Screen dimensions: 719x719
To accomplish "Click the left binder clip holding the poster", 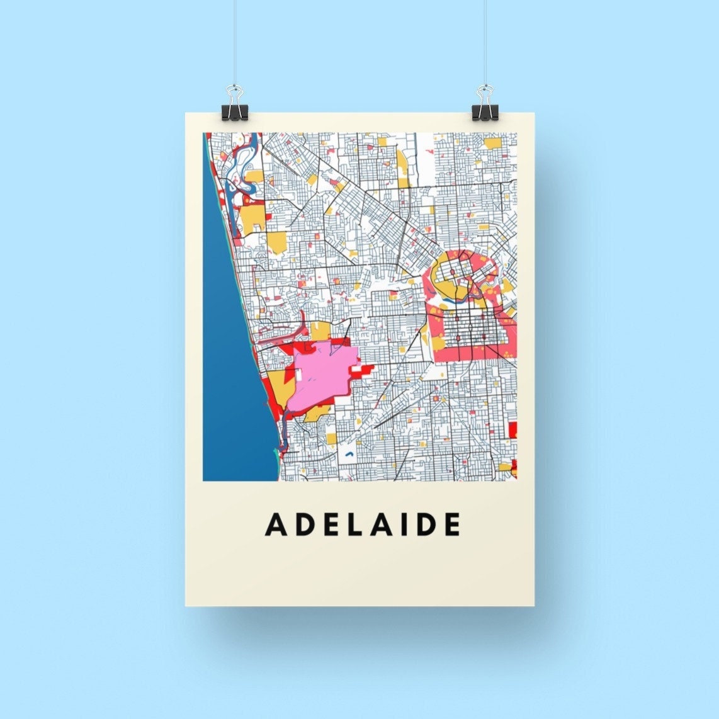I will tap(235, 106).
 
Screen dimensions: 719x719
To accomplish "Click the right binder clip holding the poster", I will tap(485, 106).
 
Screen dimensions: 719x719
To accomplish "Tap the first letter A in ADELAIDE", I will tap(276, 524).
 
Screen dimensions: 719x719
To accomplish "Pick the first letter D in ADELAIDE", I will tap(304, 524).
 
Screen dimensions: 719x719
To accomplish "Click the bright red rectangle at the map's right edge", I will tap(512, 430).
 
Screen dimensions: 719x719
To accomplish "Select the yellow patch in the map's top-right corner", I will tap(493, 142).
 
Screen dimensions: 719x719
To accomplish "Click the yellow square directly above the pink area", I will tap(320, 331).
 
